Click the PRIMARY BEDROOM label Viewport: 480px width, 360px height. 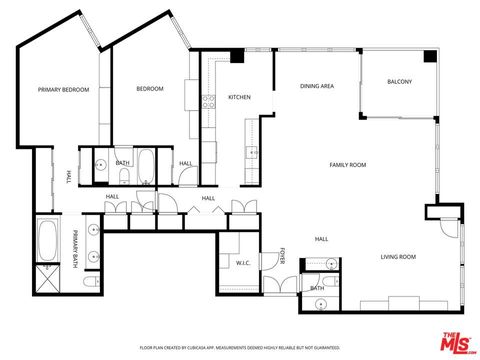pyautogui.click(x=64, y=90)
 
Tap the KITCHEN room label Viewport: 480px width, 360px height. pyautogui.click(x=239, y=97)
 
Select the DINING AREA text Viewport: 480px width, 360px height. pyautogui.click(x=316, y=87)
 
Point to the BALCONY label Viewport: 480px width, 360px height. pyautogui.click(x=399, y=81)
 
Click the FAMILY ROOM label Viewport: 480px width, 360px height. pyautogui.click(x=349, y=164)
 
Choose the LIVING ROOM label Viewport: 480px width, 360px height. pyautogui.click(x=398, y=257)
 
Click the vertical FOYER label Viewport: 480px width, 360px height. pyautogui.click(x=282, y=256)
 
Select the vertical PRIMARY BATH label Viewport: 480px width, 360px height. pyautogui.click(x=74, y=249)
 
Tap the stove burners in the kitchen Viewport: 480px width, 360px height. pyautogui.click(x=209, y=100)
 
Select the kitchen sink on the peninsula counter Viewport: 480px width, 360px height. pyautogui.click(x=246, y=151)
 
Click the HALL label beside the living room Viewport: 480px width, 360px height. pyautogui.click(x=322, y=239)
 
